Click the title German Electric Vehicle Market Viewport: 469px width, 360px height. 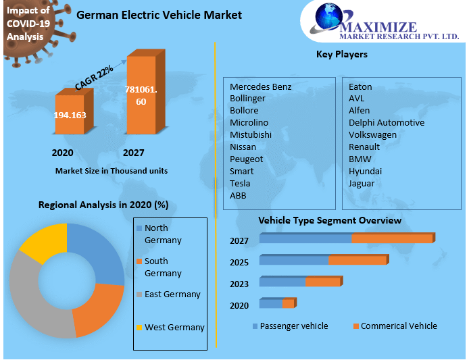click(x=159, y=15)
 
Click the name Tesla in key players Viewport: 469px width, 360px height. click(x=240, y=183)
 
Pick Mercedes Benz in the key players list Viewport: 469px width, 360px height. click(x=260, y=86)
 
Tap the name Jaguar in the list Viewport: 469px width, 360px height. click(x=362, y=183)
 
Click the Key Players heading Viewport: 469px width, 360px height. click(x=342, y=54)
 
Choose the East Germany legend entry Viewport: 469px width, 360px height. click(x=172, y=294)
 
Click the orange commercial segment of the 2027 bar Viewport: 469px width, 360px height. click(x=392, y=238)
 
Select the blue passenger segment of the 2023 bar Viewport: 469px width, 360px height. click(x=282, y=282)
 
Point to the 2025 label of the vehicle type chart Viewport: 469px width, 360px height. click(x=239, y=262)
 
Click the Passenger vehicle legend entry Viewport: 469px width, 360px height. click(x=293, y=326)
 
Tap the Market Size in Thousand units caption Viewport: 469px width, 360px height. click(x=112, y=171)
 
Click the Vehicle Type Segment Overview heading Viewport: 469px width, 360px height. click(x=330, y=220)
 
